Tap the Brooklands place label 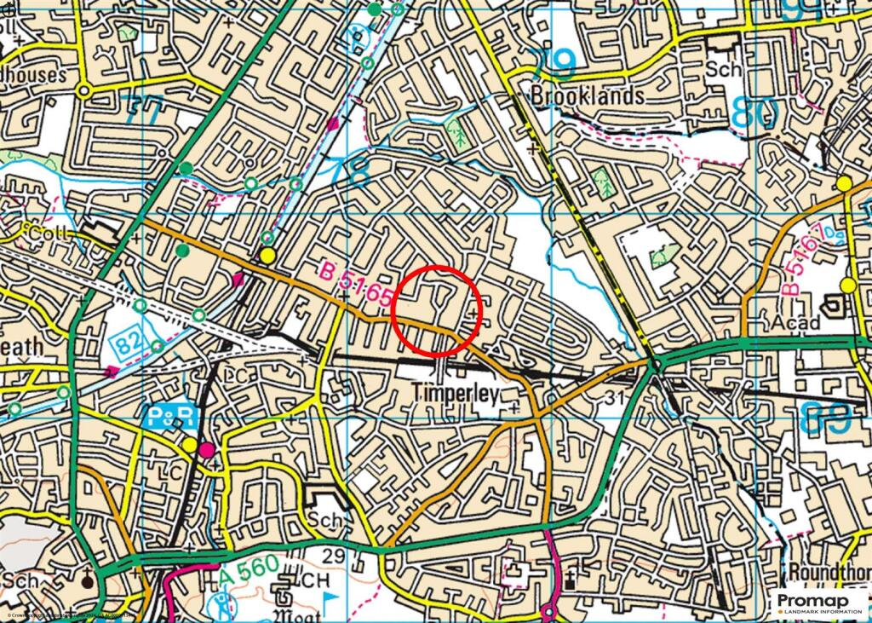pos(588,95)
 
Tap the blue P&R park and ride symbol pos(173,416)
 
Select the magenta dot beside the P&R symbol pos(207,449)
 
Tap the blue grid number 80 pos(754,112)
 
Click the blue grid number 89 pos(827,418)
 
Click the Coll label pos(43,232)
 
